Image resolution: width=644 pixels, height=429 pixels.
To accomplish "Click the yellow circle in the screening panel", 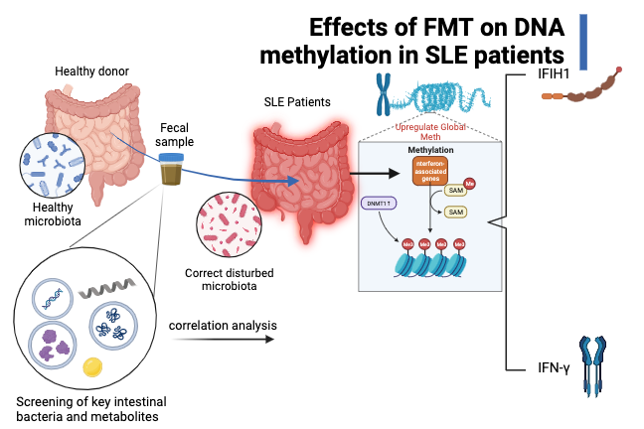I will (92, 366).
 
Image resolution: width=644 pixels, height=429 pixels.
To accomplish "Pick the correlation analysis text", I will (223, 325).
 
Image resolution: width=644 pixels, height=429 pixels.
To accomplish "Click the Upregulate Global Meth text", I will (431, 132).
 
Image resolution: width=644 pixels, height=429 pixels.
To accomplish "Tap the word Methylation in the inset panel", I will (430, 149).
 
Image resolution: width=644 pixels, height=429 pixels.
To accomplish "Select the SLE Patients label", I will (297, 102).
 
